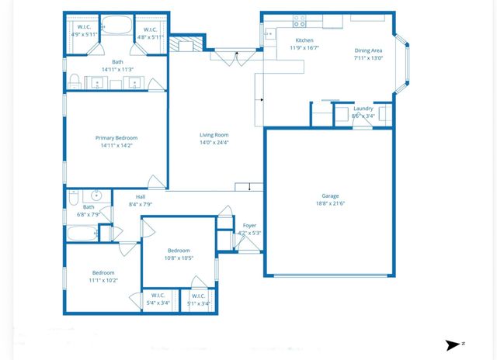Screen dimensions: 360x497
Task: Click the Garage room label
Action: coord(330,196)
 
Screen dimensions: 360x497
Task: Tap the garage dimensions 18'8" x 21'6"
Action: coord(330,204)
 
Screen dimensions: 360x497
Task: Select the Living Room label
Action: coord(214,134)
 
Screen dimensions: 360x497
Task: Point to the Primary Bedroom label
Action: coord(116,138)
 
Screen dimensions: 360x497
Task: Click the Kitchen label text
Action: coord(304,40)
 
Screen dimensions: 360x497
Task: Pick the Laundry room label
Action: coord(363,109)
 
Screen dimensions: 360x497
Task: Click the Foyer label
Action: coord(248,226)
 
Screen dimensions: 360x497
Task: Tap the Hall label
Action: coord(141,197)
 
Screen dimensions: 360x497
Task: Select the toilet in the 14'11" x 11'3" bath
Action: coord(74,81)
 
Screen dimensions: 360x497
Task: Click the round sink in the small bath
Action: coord(97,196)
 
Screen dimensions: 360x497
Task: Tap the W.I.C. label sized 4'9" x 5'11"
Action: coord(82,29)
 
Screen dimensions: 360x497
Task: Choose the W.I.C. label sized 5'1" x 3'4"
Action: coord(198,296)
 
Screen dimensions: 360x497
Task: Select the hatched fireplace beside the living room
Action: coord(186,43)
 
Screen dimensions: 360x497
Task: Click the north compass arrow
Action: coord(453,345)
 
